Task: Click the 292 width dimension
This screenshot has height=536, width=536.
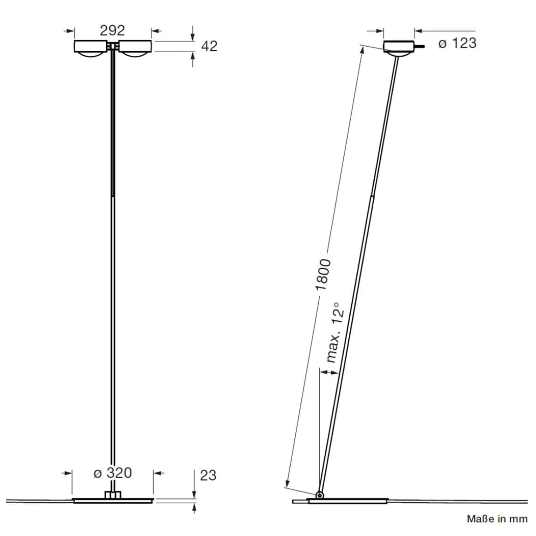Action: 112,30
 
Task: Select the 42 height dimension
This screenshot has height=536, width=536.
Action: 209,46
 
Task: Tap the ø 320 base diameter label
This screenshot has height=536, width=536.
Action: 112,473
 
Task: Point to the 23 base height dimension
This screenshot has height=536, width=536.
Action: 208,475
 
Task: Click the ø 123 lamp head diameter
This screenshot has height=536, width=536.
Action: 457,43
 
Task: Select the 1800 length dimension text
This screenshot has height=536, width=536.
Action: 323,274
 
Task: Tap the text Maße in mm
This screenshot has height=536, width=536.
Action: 497,519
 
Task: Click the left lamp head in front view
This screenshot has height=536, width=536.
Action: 92,48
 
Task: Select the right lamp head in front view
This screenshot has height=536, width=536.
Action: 134,48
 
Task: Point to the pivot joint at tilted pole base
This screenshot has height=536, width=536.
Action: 319,495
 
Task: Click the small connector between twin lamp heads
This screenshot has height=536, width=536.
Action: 113,46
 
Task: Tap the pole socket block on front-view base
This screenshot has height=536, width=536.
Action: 112,495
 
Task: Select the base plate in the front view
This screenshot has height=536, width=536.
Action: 113,500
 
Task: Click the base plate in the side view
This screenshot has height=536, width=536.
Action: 347,501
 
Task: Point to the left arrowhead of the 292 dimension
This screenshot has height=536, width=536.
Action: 70,31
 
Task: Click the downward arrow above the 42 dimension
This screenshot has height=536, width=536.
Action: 193,36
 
